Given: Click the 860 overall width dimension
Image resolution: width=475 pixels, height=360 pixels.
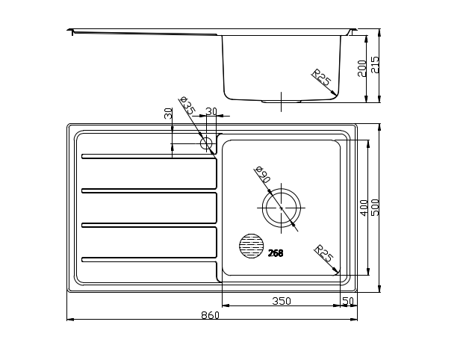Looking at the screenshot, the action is pyautogui.click(x=210, y=315).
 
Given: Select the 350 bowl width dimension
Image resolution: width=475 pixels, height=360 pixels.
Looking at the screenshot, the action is pyautogui.click(x=282, y=301).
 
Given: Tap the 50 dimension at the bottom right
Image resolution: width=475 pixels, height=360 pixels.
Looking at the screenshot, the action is pyautogui.click(x=348, y=301).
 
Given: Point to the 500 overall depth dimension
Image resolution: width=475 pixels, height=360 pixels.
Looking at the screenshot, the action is pyautogui.click(x=375, y=208).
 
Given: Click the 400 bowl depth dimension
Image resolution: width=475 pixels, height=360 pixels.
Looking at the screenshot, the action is pyautogui.click(x=364, y=208).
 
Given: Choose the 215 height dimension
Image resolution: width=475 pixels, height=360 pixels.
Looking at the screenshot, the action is pyautogui.click(x=375, y=64).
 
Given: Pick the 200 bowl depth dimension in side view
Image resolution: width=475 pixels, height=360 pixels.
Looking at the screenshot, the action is pyautogui.click(x=362, y=69).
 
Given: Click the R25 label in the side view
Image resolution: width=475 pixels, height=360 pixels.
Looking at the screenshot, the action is pyautogui.click(x=321, y=77).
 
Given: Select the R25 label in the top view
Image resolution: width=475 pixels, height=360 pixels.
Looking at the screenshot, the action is pyautogui.click(x=323, y=253).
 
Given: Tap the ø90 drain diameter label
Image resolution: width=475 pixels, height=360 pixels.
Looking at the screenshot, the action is pyautogui.click(x=263, y=175).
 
